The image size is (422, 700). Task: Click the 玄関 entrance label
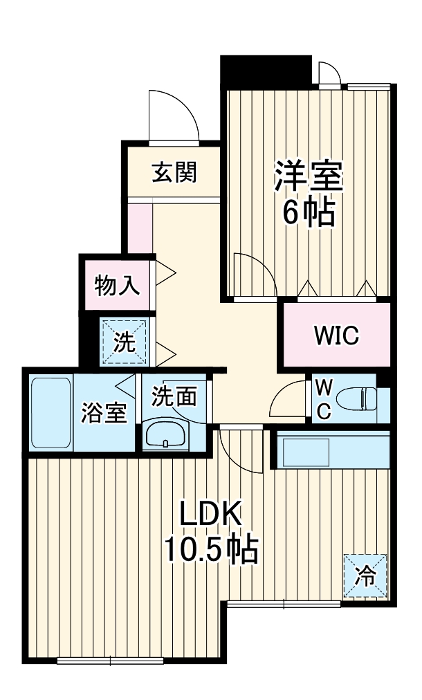pos(174,172)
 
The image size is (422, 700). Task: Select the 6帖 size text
pos(308,212)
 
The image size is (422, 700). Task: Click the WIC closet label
pos(336,336)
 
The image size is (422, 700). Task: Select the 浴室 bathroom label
pos(104,413)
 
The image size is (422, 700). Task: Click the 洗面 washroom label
pos(174,396)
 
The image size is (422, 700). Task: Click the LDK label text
pos(210,515)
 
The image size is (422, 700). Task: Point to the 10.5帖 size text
pos(210,551)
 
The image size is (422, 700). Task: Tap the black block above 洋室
pos(266,71)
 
